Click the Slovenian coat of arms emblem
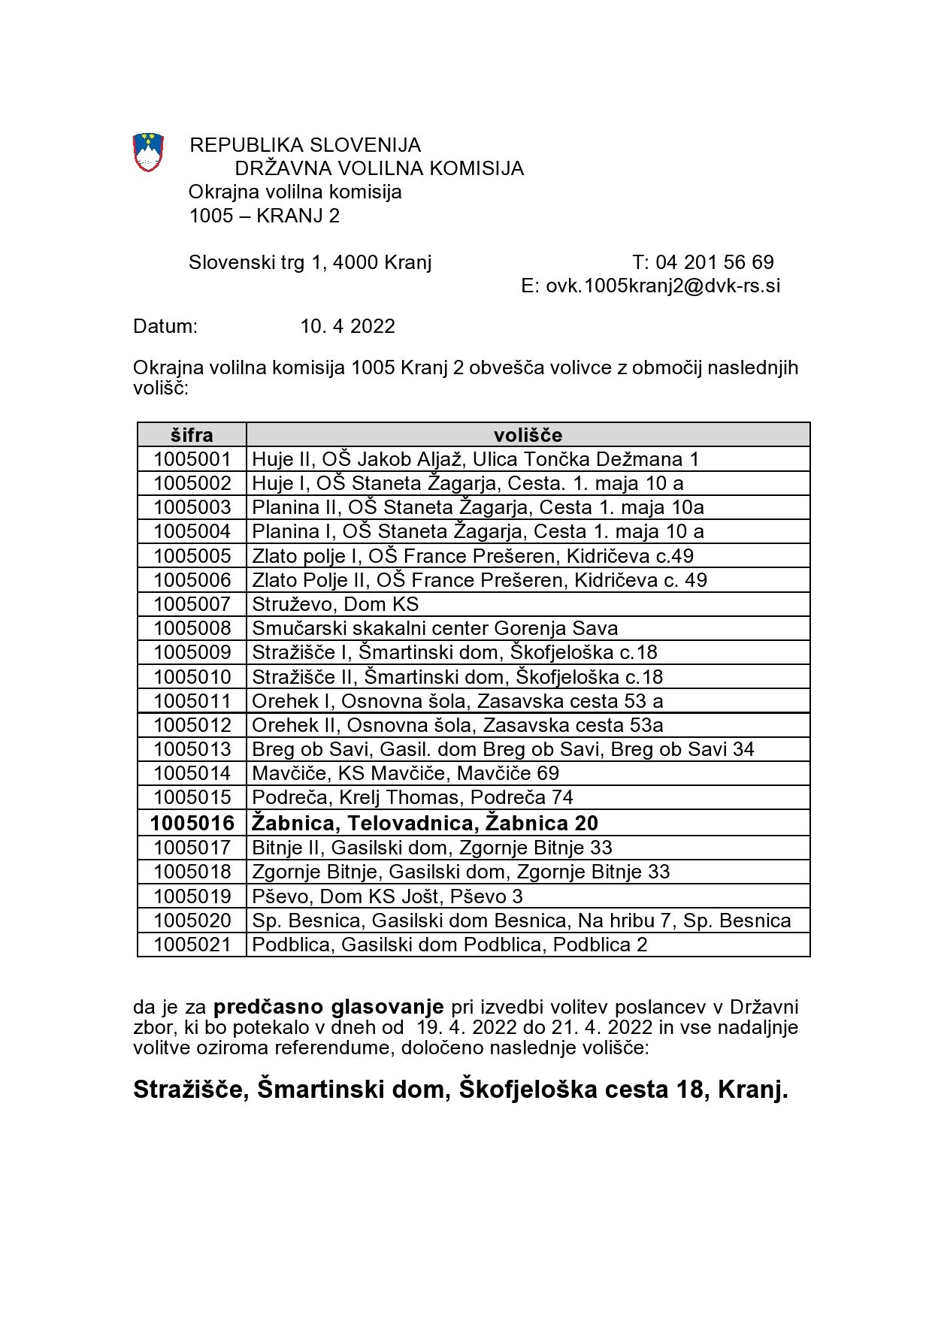(148, 152)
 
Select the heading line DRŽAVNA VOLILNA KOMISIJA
(379, 168)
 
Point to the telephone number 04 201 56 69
(714, 262)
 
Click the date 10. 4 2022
(347, 326)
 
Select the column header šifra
(192, 435)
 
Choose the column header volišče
(528, 435)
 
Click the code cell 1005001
(192, 459)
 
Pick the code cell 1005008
(192, 628)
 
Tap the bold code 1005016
(192, 823)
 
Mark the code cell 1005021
(192, 945)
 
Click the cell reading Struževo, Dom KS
(335, 604)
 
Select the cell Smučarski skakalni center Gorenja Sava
(435, 628)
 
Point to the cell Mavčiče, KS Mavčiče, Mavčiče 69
(406, 773)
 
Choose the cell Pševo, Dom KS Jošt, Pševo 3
(387, 896)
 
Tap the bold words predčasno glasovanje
(329, 1007)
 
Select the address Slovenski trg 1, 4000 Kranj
(310, 262)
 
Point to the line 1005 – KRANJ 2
(265, 216)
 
